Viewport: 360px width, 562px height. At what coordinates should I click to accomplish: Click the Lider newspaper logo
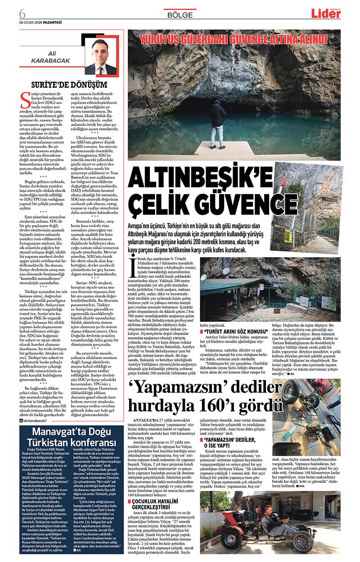click(x=326, y=13)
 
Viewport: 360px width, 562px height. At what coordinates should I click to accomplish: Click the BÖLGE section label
click(x=180, y=14)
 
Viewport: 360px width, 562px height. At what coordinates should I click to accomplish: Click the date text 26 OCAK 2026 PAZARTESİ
click(x=41, y=22)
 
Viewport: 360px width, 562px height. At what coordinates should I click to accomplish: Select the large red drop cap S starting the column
click(x=26, y=98)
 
